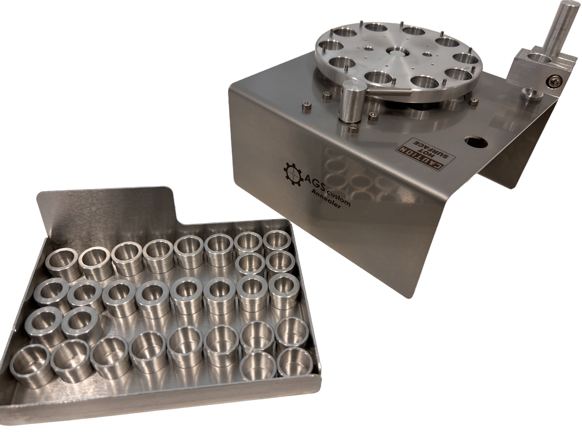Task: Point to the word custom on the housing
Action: (341, 199)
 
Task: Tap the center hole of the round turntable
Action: (396, 52)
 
